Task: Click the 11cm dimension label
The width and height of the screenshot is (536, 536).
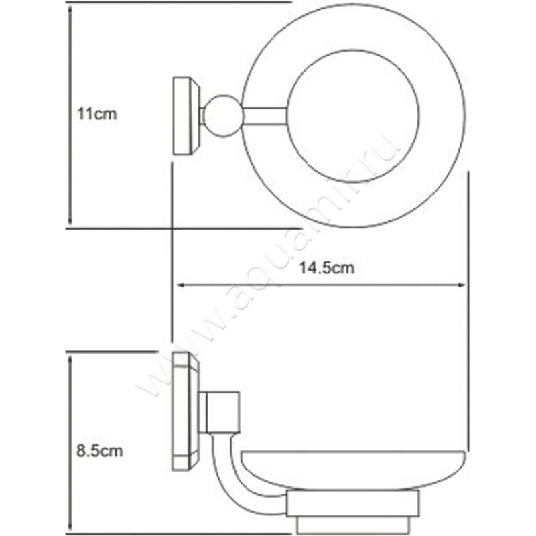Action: (x=96, y=114)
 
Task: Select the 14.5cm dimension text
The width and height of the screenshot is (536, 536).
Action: (x=326, y=268)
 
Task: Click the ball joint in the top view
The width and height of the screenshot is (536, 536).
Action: (x=222, y=117)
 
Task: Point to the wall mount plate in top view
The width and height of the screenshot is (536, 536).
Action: (x=186, y=117)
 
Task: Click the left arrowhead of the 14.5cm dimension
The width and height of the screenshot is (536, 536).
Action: (x=179, y=285)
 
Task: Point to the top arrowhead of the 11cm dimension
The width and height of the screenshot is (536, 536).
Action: (x=70, y=8)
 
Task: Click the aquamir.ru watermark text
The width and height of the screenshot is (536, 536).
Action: (x=268, y=268)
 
